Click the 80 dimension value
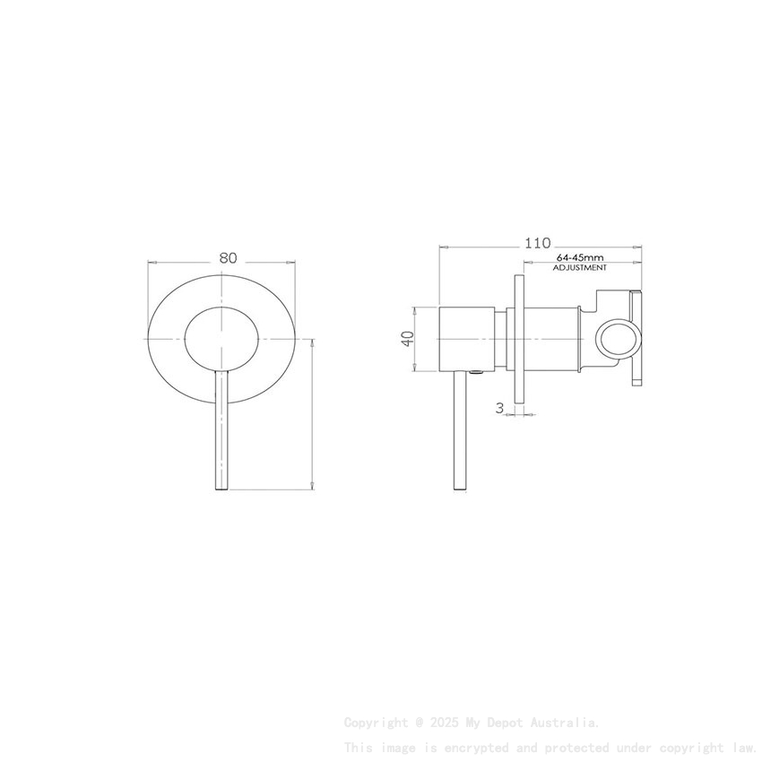[228, 257]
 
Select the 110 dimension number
[538, 243]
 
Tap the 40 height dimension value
[408, 338]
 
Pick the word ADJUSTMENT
[579, 267]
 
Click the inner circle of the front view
[221, 337]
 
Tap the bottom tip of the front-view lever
[221, 487]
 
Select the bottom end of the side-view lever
[460, 489]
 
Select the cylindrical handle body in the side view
[466, 338]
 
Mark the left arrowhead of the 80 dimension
[151, 263]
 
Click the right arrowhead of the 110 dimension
[639, 247]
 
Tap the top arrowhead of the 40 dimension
[415, 309]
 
